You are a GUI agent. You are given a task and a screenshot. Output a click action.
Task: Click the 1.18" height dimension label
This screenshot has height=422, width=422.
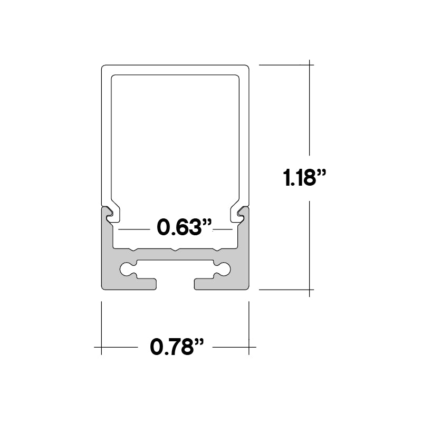click(x=304, y=178)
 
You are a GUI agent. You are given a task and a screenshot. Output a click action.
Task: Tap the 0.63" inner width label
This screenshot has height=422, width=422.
click(x=184, y=227)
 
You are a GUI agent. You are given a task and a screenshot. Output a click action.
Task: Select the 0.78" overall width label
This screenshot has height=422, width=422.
click(x=177, y=347)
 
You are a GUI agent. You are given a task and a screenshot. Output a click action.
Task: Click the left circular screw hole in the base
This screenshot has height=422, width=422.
click(x=126, y=270)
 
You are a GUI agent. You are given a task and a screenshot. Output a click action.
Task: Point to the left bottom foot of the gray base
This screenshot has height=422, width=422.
click(x=129, y=284)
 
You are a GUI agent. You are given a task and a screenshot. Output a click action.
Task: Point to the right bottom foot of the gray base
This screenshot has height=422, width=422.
click(x=221, y=284)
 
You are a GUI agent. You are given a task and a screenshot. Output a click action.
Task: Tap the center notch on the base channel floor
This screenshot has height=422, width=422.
click(x=175, y=250)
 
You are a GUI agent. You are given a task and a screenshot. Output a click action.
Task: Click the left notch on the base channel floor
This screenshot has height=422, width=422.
click(x=133, y=250)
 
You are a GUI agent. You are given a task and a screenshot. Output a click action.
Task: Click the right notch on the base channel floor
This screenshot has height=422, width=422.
click(x=217, y=250)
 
